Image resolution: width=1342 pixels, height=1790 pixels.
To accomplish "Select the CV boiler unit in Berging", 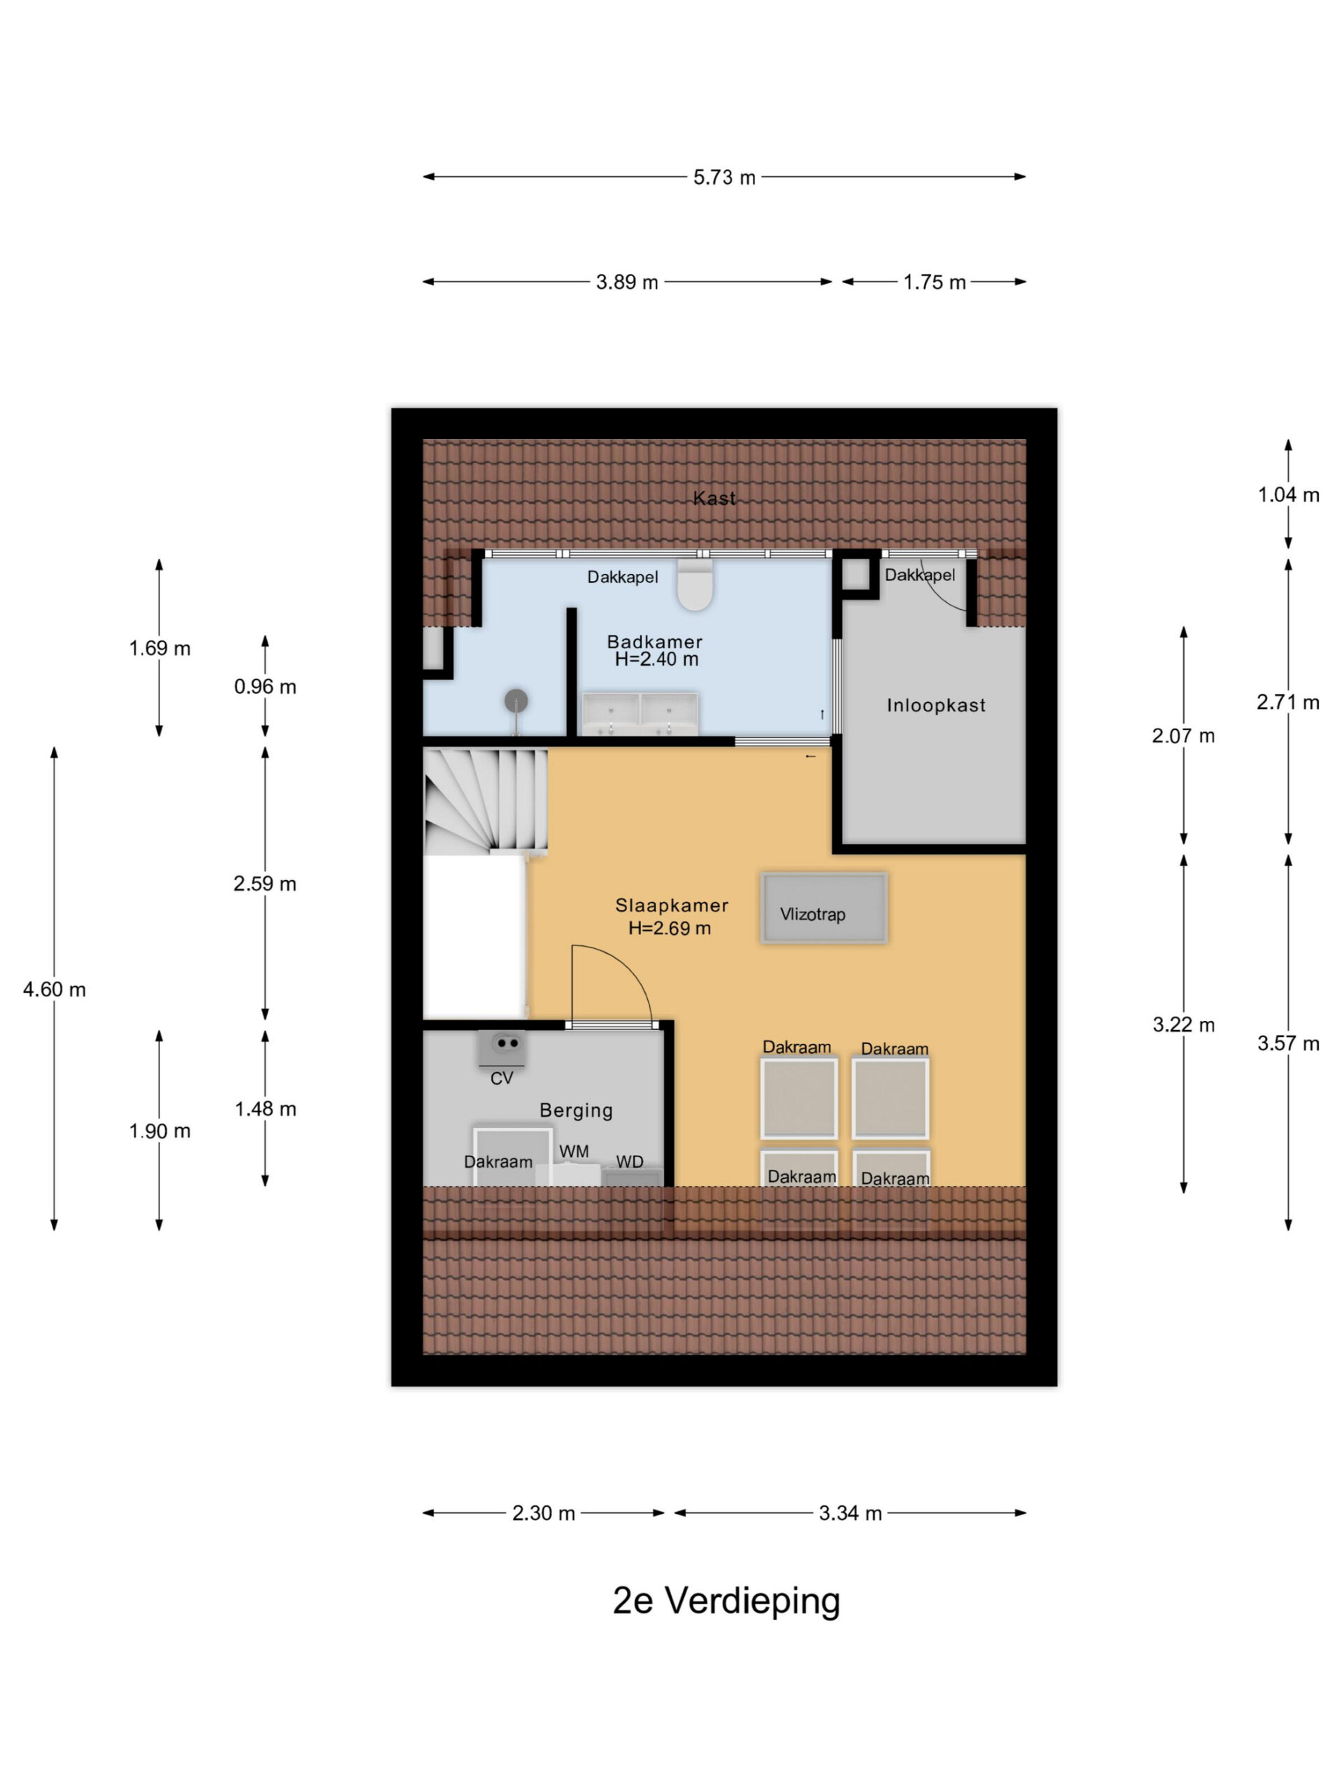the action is click(x=503, y=1049).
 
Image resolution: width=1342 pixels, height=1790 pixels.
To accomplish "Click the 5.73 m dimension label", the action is click(x=724, y=177).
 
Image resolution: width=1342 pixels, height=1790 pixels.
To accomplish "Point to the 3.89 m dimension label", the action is click(x=627, y=282).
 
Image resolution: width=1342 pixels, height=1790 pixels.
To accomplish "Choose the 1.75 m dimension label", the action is click(x=935, y=282).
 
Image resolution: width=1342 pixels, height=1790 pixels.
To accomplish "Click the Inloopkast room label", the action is click(x=936, y=705).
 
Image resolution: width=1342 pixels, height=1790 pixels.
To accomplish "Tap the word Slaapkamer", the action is click(x=672, y=905).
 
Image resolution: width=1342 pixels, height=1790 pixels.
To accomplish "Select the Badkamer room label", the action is click(x=654, y=642).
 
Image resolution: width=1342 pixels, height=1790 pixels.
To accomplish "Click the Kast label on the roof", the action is click(x=714, y=499).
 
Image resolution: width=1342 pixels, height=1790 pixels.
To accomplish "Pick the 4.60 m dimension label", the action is click(x=55, y=989).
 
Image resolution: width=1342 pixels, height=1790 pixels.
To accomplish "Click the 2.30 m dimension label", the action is click(x=544, y=1513).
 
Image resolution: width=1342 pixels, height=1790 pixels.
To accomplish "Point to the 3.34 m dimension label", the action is click(x=850, y=1513).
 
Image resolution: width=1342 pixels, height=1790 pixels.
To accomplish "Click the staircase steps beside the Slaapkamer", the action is click(x=485, y=801).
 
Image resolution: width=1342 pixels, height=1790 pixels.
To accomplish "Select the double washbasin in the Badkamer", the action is click(x=640, y=714).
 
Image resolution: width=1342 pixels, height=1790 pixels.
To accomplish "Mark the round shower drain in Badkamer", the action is click(x=516, y=701).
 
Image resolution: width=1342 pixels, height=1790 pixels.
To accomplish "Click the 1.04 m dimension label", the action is click(x=1287, y=494).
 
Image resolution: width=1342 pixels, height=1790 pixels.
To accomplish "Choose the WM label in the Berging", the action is click(x=574, y=1151).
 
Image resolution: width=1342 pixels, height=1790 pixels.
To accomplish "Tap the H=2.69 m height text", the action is click(x=670, y=928).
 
